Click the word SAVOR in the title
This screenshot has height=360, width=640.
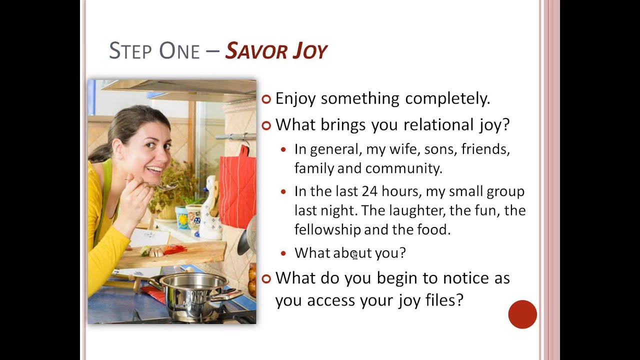click(x=251, y=51)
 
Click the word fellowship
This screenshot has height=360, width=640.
click(x=327, y=229)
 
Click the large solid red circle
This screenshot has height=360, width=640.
click(x=522, y=314)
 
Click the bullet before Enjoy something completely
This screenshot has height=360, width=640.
click(x=266, y=98)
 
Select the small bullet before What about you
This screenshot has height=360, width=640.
click(x=284, y=253)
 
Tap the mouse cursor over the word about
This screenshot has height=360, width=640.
click(x=354, y=255)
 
